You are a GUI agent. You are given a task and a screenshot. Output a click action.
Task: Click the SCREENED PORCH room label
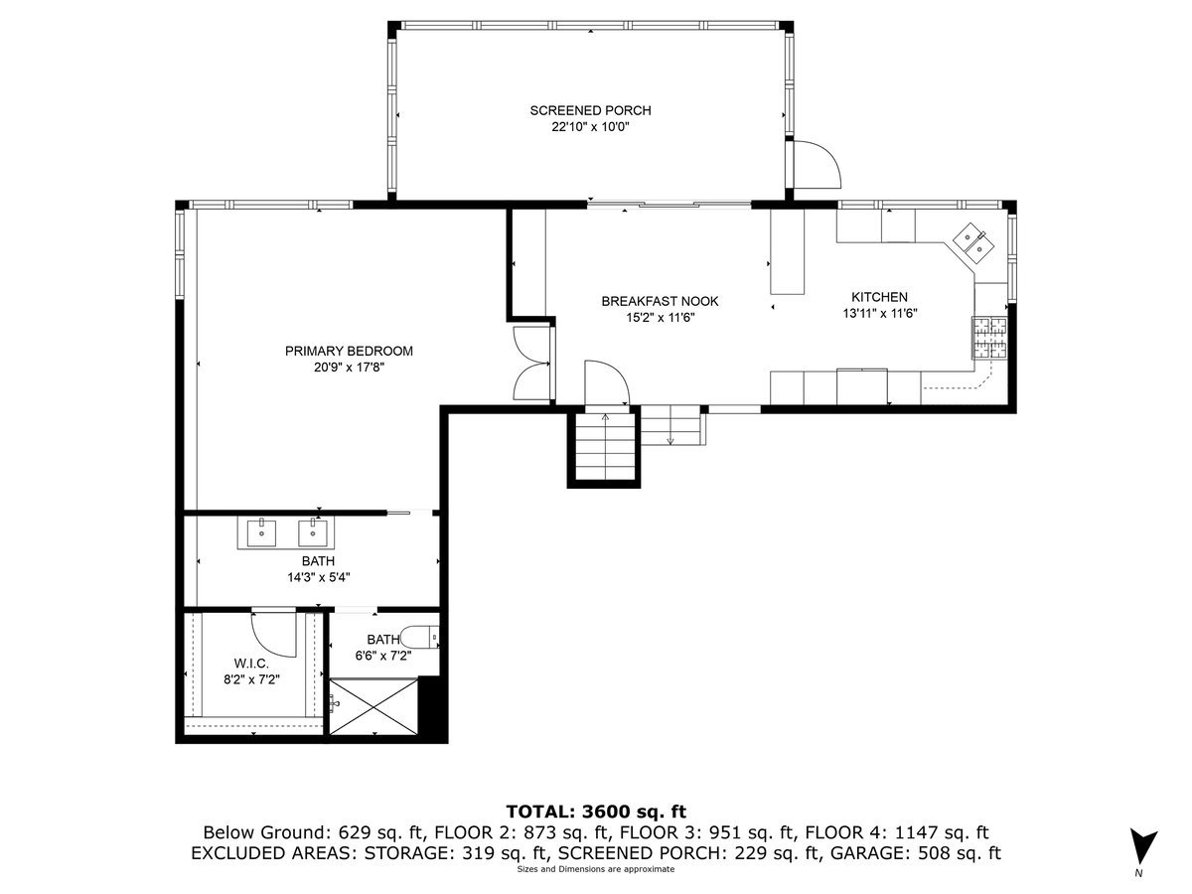(590, 110)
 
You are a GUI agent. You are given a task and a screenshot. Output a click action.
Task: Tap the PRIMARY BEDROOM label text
(349, 351)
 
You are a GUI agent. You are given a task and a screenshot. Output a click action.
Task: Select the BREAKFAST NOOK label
(659, 301)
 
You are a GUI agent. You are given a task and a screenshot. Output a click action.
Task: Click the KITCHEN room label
(878, 297)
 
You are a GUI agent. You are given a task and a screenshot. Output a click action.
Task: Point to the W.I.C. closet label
(252, 664)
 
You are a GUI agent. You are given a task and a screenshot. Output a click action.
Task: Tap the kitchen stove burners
(988, 336)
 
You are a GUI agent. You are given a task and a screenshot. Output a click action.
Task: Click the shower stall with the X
(374, 707)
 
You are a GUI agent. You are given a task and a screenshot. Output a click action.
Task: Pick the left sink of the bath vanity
(262, 532)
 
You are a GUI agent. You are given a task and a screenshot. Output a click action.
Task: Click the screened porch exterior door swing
(815, 164)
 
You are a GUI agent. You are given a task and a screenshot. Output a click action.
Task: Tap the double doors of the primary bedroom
(532, 363)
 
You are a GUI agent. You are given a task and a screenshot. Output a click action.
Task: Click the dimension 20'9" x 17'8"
(349, 368)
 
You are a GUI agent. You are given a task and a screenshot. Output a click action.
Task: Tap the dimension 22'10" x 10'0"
(590, 127)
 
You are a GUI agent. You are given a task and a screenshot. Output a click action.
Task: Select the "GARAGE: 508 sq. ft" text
(931, 852)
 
